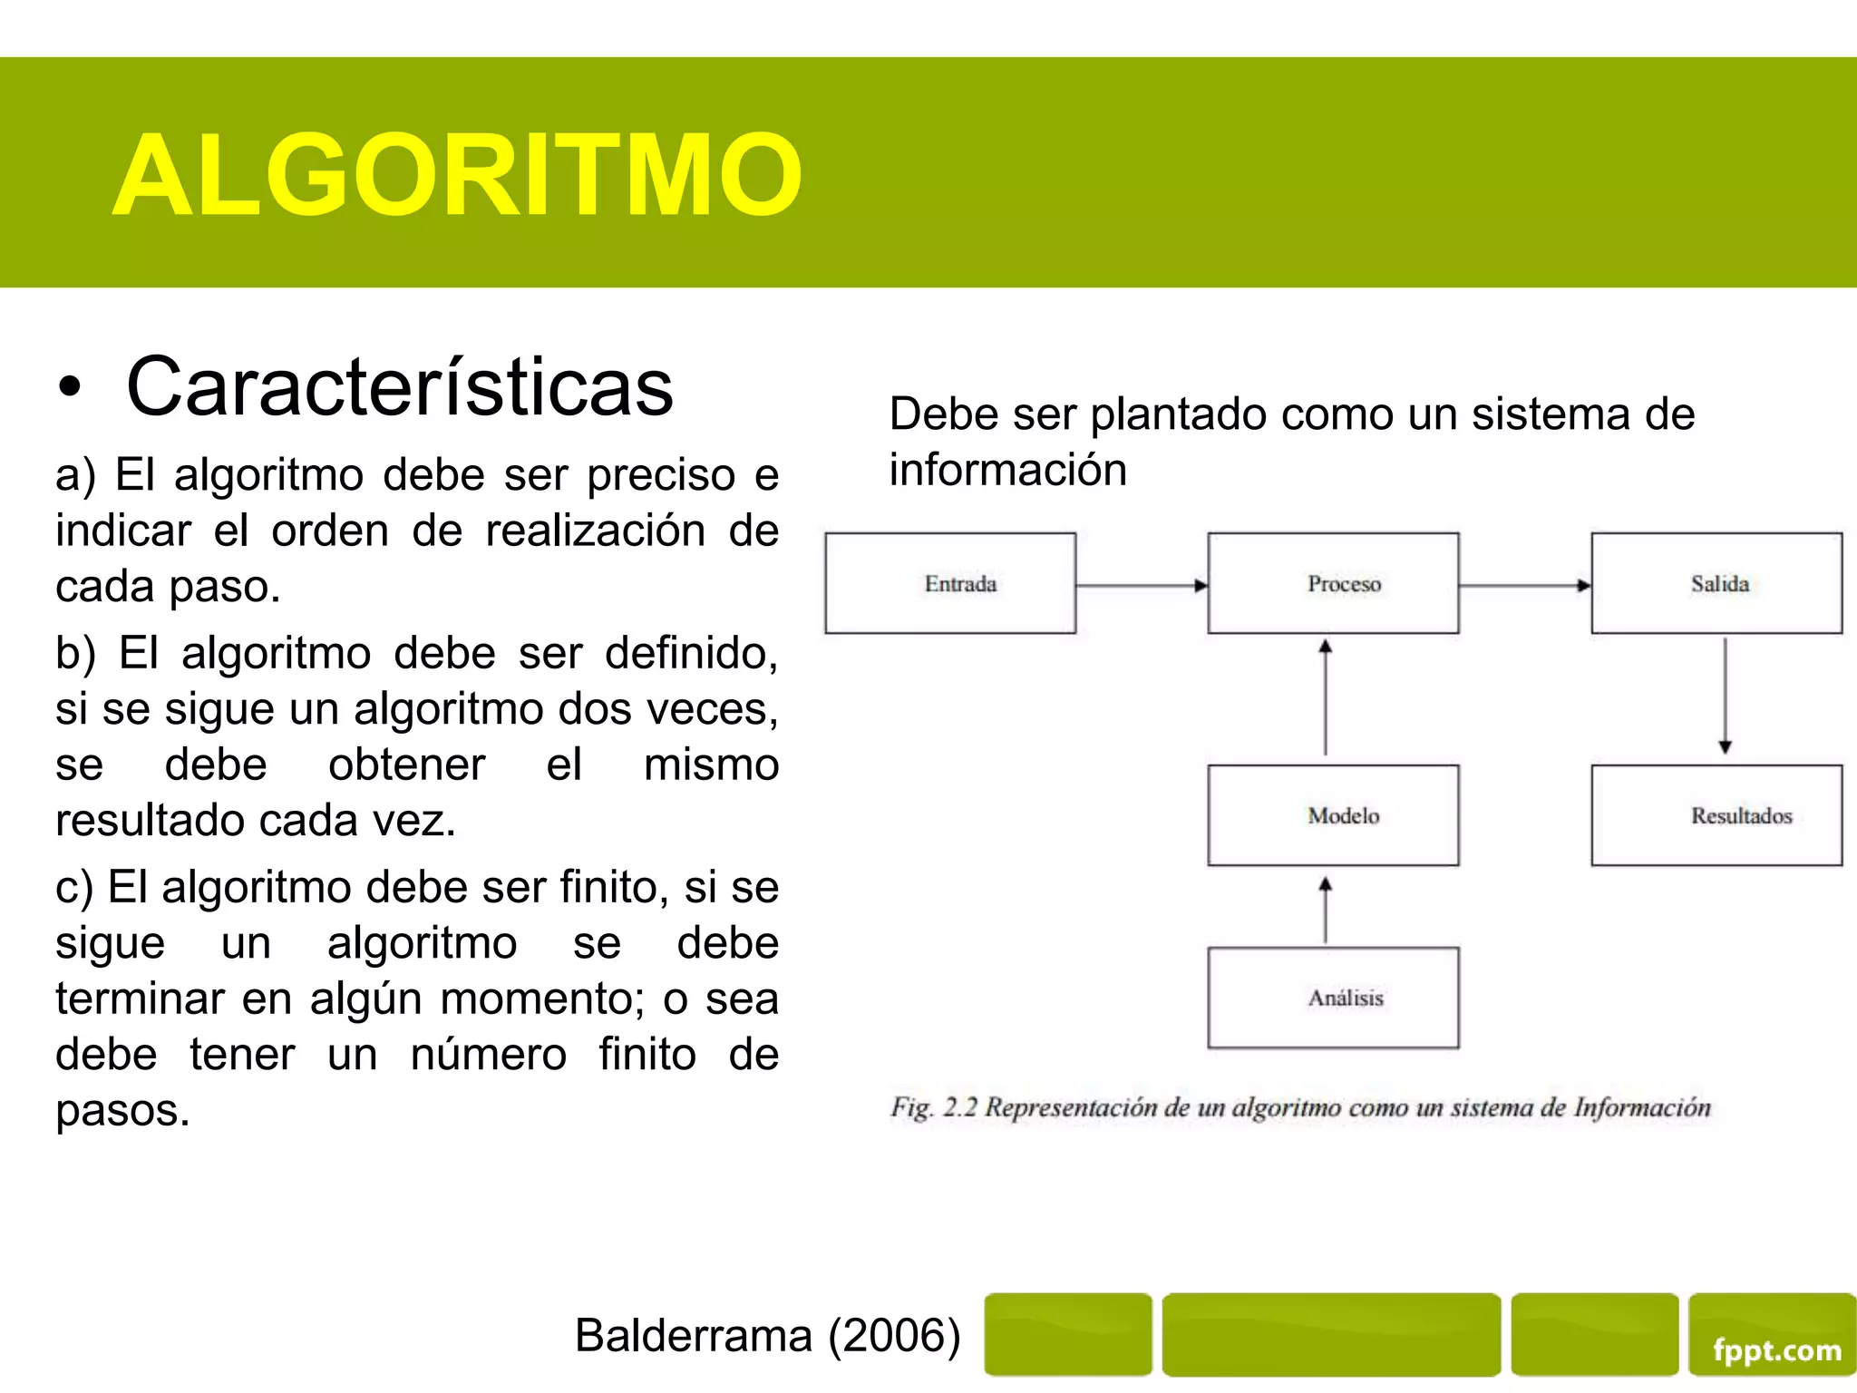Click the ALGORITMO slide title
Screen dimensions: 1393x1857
tap(457, 175)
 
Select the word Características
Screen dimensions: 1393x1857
tap(400, 387)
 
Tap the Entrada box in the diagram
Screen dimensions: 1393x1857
tap(950, 583)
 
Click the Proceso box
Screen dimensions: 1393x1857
tap(1333, 583)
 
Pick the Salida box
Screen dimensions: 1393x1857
tap(1716, 583)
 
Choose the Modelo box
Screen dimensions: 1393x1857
tap(1333, 815)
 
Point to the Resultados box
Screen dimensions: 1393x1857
tap(1716, 815)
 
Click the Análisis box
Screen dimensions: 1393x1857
tap(1333, 998)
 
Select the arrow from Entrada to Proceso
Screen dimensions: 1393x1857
tap(1142, 586)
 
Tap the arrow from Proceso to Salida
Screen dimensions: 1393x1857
tap(1524, 586)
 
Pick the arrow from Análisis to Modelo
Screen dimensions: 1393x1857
tap(1326, 910)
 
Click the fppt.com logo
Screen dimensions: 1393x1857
tap(1776, 1350)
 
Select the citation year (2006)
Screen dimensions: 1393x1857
tap(895, 1336)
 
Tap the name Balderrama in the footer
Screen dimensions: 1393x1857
tap(694, 1336)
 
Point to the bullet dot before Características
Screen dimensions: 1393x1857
tap(70, 388)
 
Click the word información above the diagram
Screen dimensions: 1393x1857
tap(1007, 470)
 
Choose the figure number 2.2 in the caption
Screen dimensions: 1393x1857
tap(960, 1107)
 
